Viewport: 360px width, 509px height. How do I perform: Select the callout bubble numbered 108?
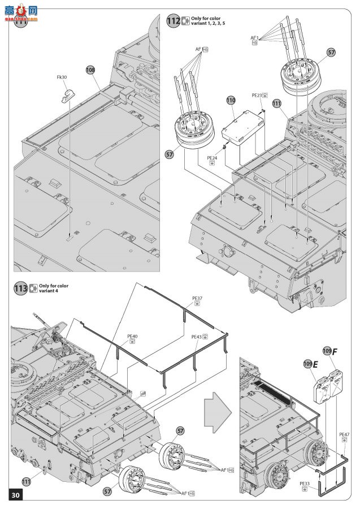(x=90, y=70)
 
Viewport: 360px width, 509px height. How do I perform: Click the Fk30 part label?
(x=62, y=77)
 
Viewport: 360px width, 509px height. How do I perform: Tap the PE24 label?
(x=212, y=158)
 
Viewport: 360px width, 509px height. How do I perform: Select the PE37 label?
(x=197, y=297)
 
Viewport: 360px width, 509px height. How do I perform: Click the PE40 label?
(x=133, y=337)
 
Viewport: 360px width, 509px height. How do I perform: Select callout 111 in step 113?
(x=26, y=481)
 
